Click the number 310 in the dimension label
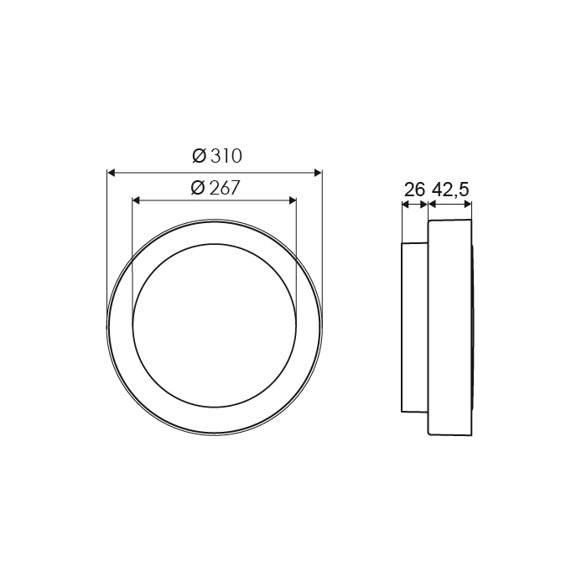[226, 156]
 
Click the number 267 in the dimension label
[224, 188]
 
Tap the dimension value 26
[415, 190]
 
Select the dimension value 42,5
[450, 190]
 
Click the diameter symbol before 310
[200, 156]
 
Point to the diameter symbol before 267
[198, 188]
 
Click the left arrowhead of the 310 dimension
[112, 172]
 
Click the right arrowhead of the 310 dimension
[318, 172]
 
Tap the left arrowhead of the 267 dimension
[136, 201]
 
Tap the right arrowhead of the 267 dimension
[293, 201]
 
